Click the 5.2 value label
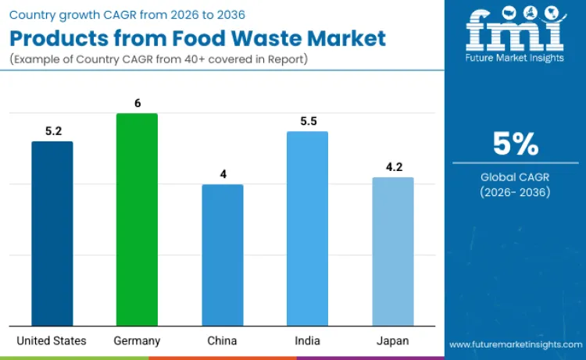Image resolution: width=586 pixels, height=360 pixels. click(53, 131)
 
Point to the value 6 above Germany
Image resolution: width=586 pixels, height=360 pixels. click(138, 103)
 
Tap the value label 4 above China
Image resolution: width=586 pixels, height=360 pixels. click(223, 174)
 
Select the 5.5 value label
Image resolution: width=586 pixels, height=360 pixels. click(307, 122)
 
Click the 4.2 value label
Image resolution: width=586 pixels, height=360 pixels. click(392, 167)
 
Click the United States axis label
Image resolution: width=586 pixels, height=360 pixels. click(52, 340)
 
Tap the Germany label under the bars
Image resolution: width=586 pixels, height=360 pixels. click(137, 340)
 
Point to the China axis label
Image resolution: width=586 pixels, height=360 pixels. click(223, 340)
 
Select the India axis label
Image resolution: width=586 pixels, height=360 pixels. click(307, 340)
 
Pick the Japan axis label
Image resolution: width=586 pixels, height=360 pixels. click(392, 340)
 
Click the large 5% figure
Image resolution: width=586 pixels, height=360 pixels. click(516, 144)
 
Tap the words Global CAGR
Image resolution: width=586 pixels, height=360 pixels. click(516, 177)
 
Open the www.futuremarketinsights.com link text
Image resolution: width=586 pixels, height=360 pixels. click(515, 344)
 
